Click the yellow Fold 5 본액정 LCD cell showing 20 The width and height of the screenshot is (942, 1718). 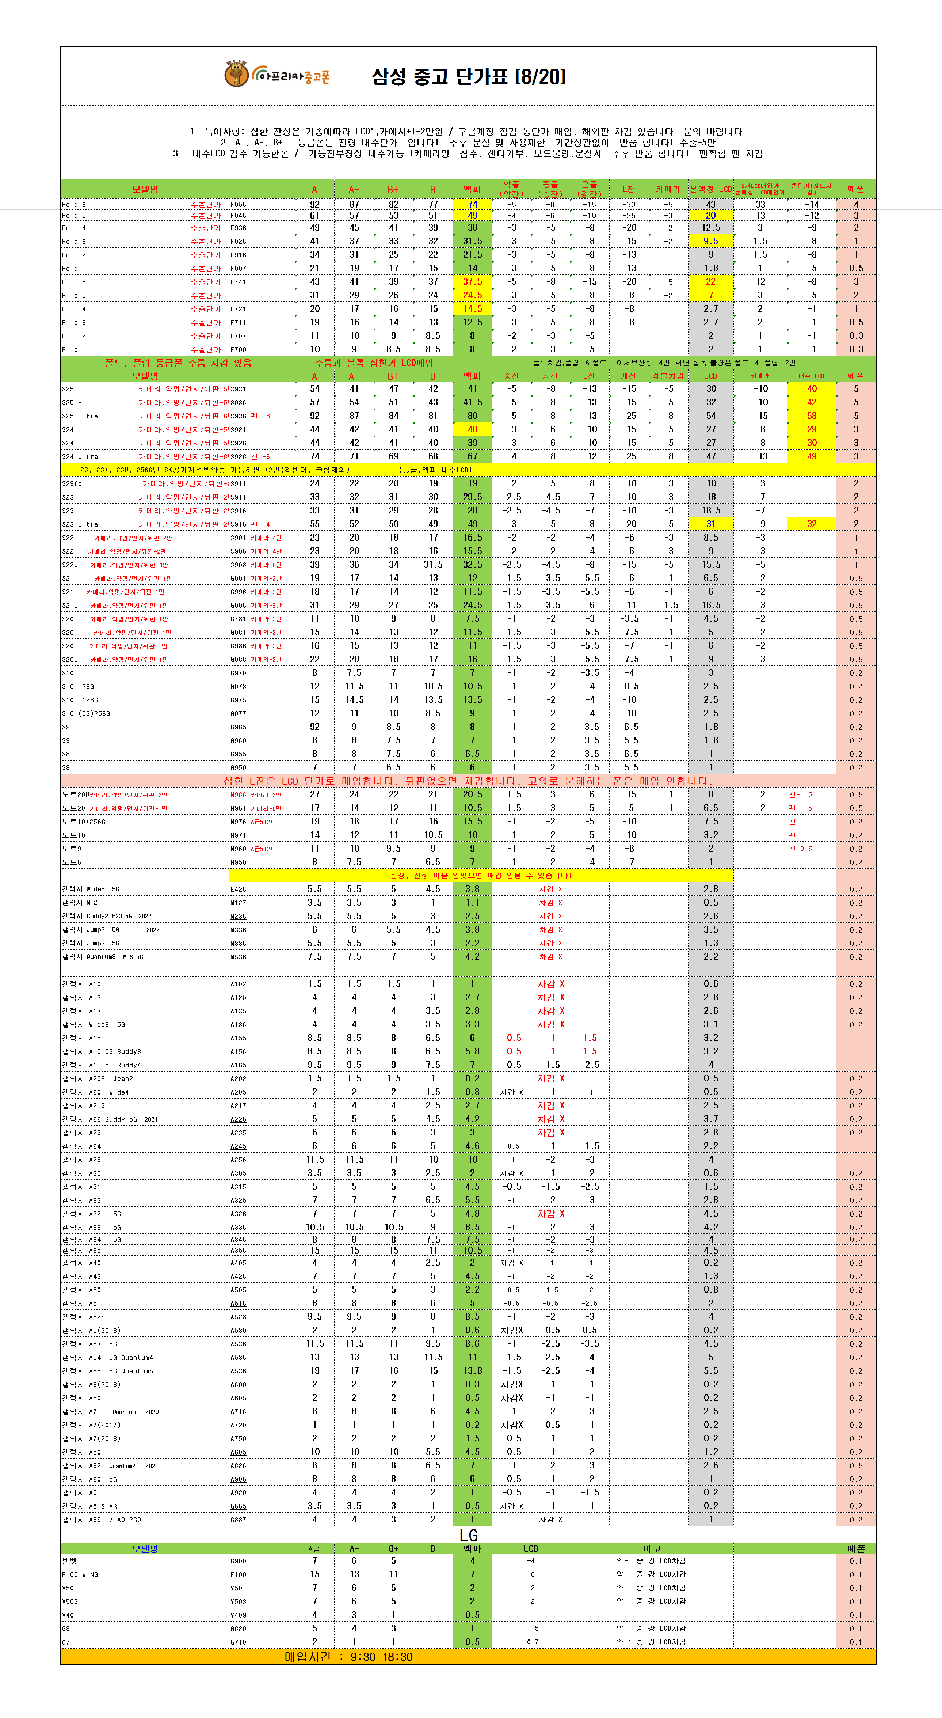pos(711,215)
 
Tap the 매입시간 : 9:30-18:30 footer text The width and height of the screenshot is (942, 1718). pos(349,1657)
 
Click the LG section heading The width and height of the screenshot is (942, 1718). pos(469,1535)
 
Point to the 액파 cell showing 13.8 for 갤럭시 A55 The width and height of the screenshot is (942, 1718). pos(472,1370)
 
